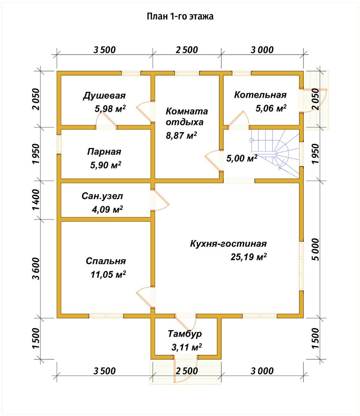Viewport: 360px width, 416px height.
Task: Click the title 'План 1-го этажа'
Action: [180, 17]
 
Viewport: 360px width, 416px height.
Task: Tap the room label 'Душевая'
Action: [104, 96]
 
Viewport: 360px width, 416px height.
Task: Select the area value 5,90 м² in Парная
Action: [106, 165]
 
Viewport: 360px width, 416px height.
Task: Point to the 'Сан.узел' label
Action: [102, 196]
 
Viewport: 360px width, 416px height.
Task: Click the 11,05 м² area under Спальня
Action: [108, 274]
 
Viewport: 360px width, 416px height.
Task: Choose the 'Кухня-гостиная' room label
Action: [228, 243]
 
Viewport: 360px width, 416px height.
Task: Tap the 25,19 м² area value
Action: [249, 257]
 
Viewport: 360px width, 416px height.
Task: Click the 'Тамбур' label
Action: [185, 334]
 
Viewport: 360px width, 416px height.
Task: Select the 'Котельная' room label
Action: [260, 95]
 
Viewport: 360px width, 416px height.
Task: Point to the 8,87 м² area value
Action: [181, 136]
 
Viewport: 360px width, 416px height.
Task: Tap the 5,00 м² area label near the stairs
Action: [242, 158]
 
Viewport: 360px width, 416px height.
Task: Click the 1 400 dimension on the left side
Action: [36, 200]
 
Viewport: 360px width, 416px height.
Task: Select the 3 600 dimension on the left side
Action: [36, 268]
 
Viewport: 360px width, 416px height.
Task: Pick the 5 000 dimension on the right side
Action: [315, 249]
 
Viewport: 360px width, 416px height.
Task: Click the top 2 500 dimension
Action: [187, 50]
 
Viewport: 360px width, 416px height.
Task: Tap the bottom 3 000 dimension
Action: [262, 371]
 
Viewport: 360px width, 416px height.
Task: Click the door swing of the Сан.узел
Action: [161, 200]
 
